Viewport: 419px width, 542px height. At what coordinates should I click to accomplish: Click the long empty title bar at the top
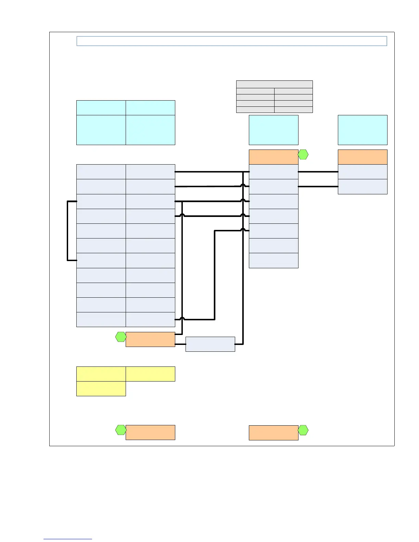[x=231, y=41]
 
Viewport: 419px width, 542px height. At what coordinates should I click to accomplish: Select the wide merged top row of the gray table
[x=274, y=84]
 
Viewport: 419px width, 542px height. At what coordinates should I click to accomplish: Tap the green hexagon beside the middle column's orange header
[x=303, y=155]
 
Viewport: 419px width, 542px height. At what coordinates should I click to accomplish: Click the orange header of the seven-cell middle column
[x=273, y=157]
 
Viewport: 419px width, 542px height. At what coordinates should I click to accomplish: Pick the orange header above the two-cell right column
[x=363, y=157]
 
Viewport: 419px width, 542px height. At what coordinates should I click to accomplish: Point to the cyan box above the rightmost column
[x=363, y=130]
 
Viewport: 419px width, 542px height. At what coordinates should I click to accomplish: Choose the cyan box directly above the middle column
[x=273, y=130]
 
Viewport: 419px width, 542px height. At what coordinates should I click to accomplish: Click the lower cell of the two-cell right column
[x=363, y=186]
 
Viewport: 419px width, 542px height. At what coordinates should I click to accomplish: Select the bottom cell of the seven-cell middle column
[x=273, y=260]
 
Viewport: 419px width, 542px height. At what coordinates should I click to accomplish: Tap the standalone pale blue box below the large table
[x=210, y=344]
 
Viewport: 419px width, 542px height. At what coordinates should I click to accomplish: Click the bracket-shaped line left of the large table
[x=67, y=231]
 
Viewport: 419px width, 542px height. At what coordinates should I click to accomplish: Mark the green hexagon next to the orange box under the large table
[x=120, y=337]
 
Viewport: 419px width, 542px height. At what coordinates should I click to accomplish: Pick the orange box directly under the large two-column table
[x=150, y=339]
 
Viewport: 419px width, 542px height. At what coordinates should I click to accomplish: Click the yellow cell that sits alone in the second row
[x=101, y=389]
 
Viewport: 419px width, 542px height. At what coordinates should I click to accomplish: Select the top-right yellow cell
[x=150, y=374]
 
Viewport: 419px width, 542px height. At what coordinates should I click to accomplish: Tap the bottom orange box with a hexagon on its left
[x=150, y=433]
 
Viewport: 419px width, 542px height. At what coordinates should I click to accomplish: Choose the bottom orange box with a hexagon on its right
[x=273, y=433]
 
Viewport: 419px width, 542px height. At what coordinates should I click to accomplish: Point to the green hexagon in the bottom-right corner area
[x=303, y=430]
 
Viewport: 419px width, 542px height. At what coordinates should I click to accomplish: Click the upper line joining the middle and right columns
[x=318, y=172]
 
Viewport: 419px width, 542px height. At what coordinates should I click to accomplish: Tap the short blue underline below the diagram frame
[x=68, y=539]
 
